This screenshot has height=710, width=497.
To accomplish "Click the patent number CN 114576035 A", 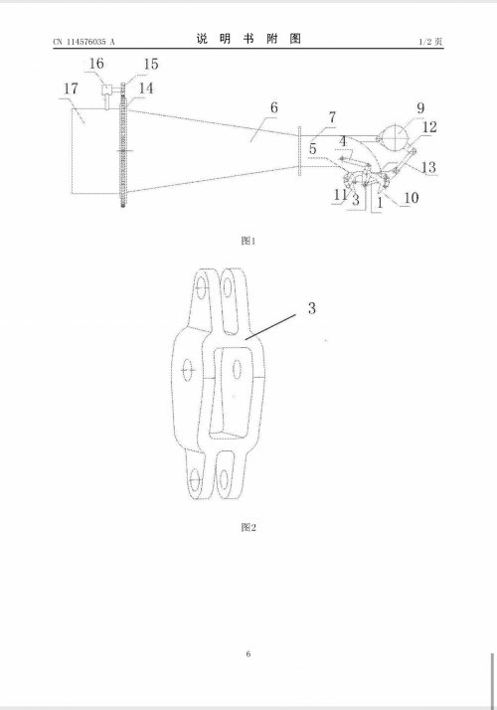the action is pos(84,42).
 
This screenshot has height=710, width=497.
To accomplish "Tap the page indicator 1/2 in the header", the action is pos(425,42).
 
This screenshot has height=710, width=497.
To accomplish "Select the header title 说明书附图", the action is pos(248,39).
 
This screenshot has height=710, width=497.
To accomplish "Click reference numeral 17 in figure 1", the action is pos(71,89).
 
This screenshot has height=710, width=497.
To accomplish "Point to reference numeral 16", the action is pos(96,64).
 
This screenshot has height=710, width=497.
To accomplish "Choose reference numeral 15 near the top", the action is pos(151,64).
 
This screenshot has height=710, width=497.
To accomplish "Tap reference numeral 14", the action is pos(146,88).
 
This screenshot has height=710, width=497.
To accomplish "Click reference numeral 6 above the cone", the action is pos(274,107).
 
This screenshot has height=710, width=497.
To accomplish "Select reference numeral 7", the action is pos(333,117).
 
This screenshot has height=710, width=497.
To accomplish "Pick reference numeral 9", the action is pos(420,107).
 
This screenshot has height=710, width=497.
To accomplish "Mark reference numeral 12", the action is pos(429,127).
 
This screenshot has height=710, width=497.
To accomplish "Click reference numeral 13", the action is pos(428,167).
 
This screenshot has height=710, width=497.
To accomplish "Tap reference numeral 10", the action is pos(411,198).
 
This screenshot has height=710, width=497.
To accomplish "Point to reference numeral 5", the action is pos(313,148).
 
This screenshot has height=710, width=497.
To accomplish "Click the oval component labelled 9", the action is pos(394,136).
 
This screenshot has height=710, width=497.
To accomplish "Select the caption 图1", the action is pos(248,241).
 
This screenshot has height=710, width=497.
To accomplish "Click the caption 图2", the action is pos(248,527).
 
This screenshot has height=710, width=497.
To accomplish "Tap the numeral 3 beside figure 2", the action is pos(311,308).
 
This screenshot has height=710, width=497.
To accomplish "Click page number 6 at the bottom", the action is pos(248,654).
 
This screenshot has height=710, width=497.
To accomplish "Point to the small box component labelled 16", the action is pos(106,89).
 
